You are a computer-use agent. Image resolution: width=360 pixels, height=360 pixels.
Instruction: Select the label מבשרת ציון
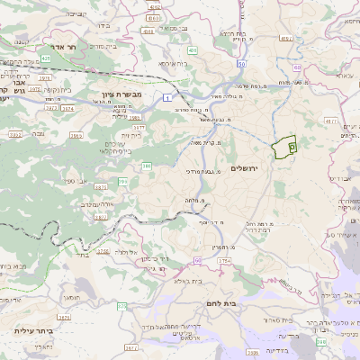[116, 92]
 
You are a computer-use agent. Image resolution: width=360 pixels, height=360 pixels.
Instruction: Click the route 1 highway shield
[167, 95]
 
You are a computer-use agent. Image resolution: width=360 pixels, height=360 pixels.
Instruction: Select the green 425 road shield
[46, 57]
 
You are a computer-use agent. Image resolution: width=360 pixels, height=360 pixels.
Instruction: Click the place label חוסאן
[74, 296]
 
